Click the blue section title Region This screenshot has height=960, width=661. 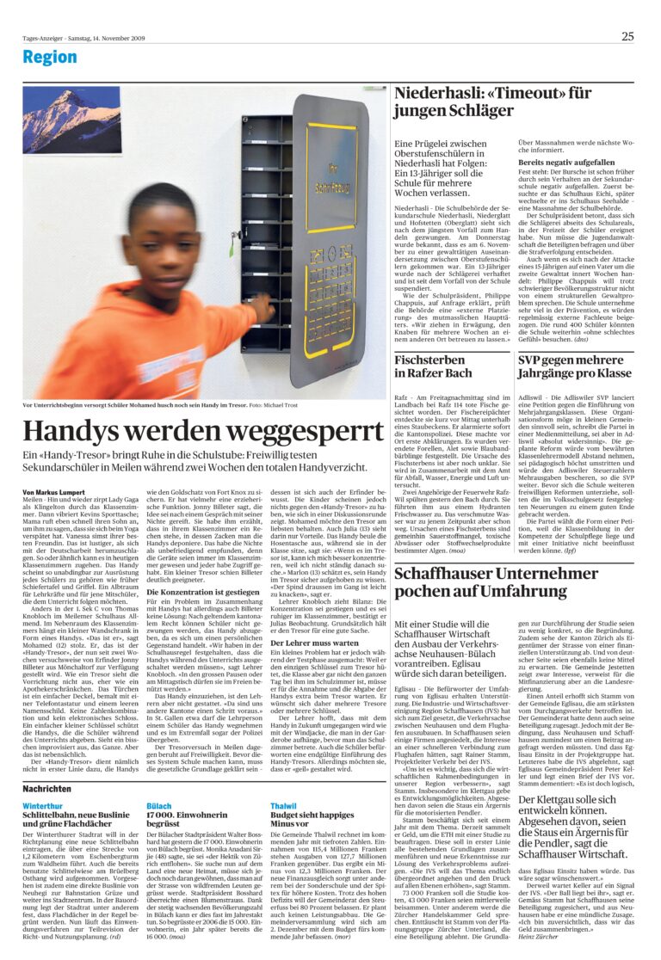click(x=49, y=58)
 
